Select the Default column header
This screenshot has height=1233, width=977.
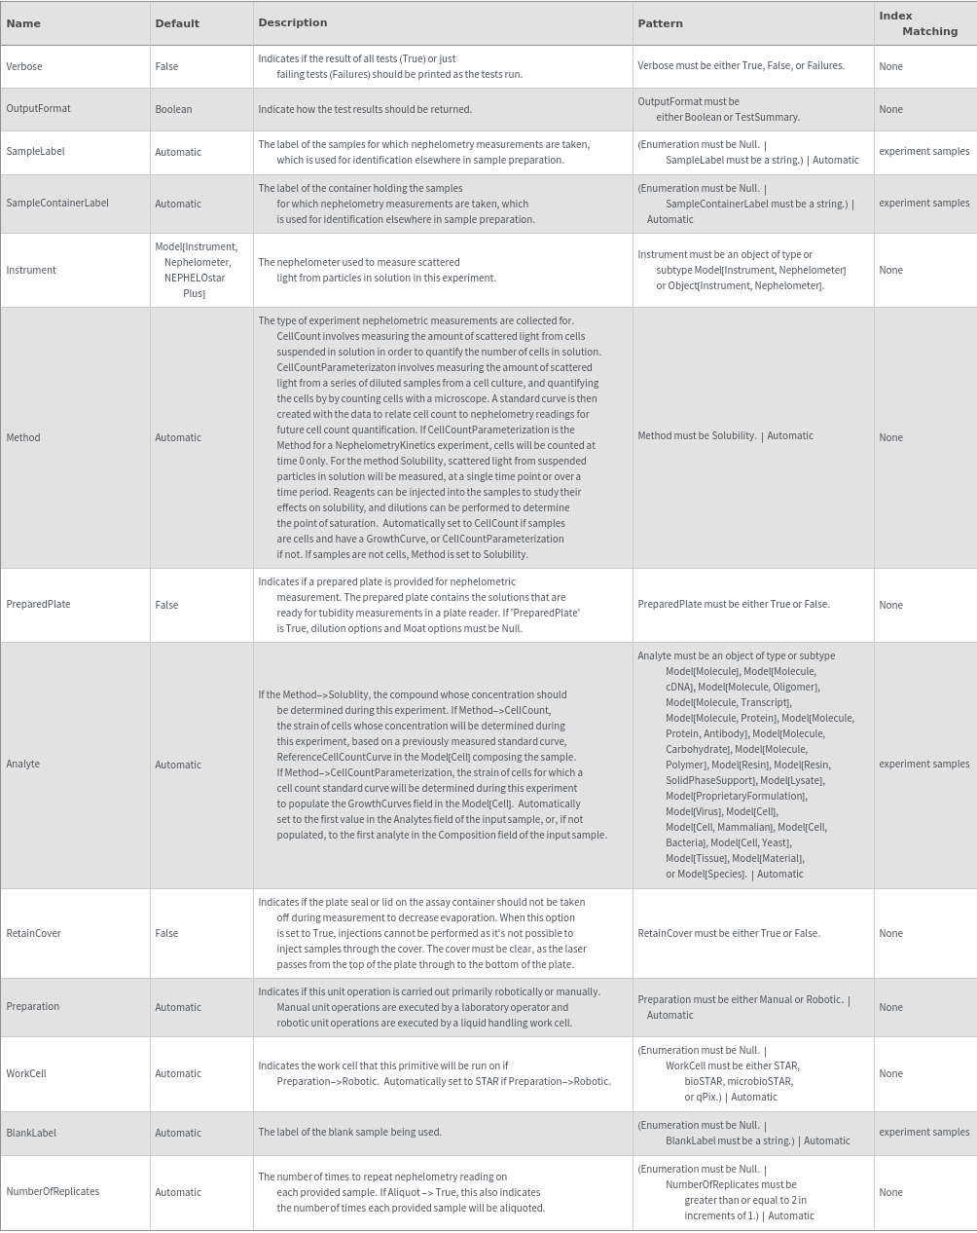[177, 23]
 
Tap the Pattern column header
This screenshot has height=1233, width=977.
[660, 23]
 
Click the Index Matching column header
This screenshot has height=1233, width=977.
[918, 23]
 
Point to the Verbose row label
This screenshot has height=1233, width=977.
[24, 66]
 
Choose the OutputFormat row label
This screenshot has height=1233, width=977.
[38, 109]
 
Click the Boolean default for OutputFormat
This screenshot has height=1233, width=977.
[173, 109]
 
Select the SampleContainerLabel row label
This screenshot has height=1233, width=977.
[57, 204]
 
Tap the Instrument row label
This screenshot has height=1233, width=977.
[31, 270]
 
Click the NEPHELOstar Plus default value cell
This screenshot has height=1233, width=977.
[196, 270]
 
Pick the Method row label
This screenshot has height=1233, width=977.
[23, 437]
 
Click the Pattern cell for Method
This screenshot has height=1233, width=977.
[725, 436]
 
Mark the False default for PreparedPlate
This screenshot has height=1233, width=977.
[166, 605]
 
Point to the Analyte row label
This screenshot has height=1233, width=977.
[23, 765]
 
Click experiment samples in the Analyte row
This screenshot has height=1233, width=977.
[923, 765]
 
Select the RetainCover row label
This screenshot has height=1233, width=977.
[33, 933]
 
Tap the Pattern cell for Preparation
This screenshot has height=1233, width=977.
[743, 1007]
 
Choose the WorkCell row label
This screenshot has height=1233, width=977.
[26, 1073]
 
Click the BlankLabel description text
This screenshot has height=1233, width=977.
[349, 1133]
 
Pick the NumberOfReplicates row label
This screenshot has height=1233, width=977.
[53, 1192]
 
